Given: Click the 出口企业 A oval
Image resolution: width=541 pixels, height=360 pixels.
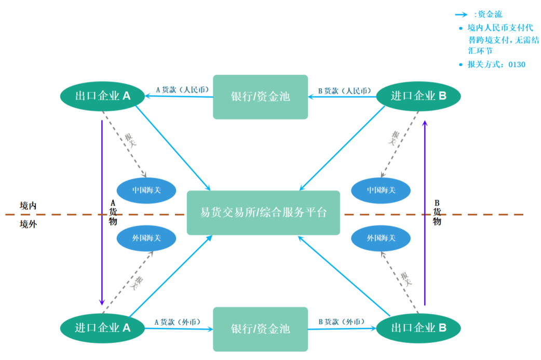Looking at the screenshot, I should tap(102, 96).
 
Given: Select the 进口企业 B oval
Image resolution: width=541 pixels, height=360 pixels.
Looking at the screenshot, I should tap(418, 96).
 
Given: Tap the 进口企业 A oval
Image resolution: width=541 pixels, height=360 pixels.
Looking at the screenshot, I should tap(102, 328).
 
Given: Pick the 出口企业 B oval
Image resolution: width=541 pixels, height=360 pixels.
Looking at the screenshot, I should tap(418, 328).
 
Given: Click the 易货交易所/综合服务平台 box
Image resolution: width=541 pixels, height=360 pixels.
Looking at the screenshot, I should tap(263, 212).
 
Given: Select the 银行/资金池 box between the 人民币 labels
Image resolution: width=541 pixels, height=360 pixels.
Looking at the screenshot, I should tap(260, 97).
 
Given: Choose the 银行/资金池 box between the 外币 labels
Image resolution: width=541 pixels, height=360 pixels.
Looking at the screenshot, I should tap(260, 329).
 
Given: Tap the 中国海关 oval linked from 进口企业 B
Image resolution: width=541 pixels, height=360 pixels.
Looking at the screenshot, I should tap(381, 190).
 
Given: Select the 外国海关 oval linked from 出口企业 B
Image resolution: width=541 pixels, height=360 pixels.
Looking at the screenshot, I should tap(381, 238).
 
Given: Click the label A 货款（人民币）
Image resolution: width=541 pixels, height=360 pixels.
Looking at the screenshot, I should tap(182, 89).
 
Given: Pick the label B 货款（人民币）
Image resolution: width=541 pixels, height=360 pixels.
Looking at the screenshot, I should tap(345, 90).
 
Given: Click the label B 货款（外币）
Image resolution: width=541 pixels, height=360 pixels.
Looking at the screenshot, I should tap(341, 322).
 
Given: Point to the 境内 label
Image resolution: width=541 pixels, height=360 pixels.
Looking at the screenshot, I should tap(29, 206).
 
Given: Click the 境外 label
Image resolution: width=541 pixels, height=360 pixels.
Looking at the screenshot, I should tap(29, 224).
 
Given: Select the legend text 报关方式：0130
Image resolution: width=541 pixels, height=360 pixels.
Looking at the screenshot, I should tap(496, 64).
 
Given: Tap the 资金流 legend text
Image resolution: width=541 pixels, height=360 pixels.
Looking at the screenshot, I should tap(490, 15).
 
